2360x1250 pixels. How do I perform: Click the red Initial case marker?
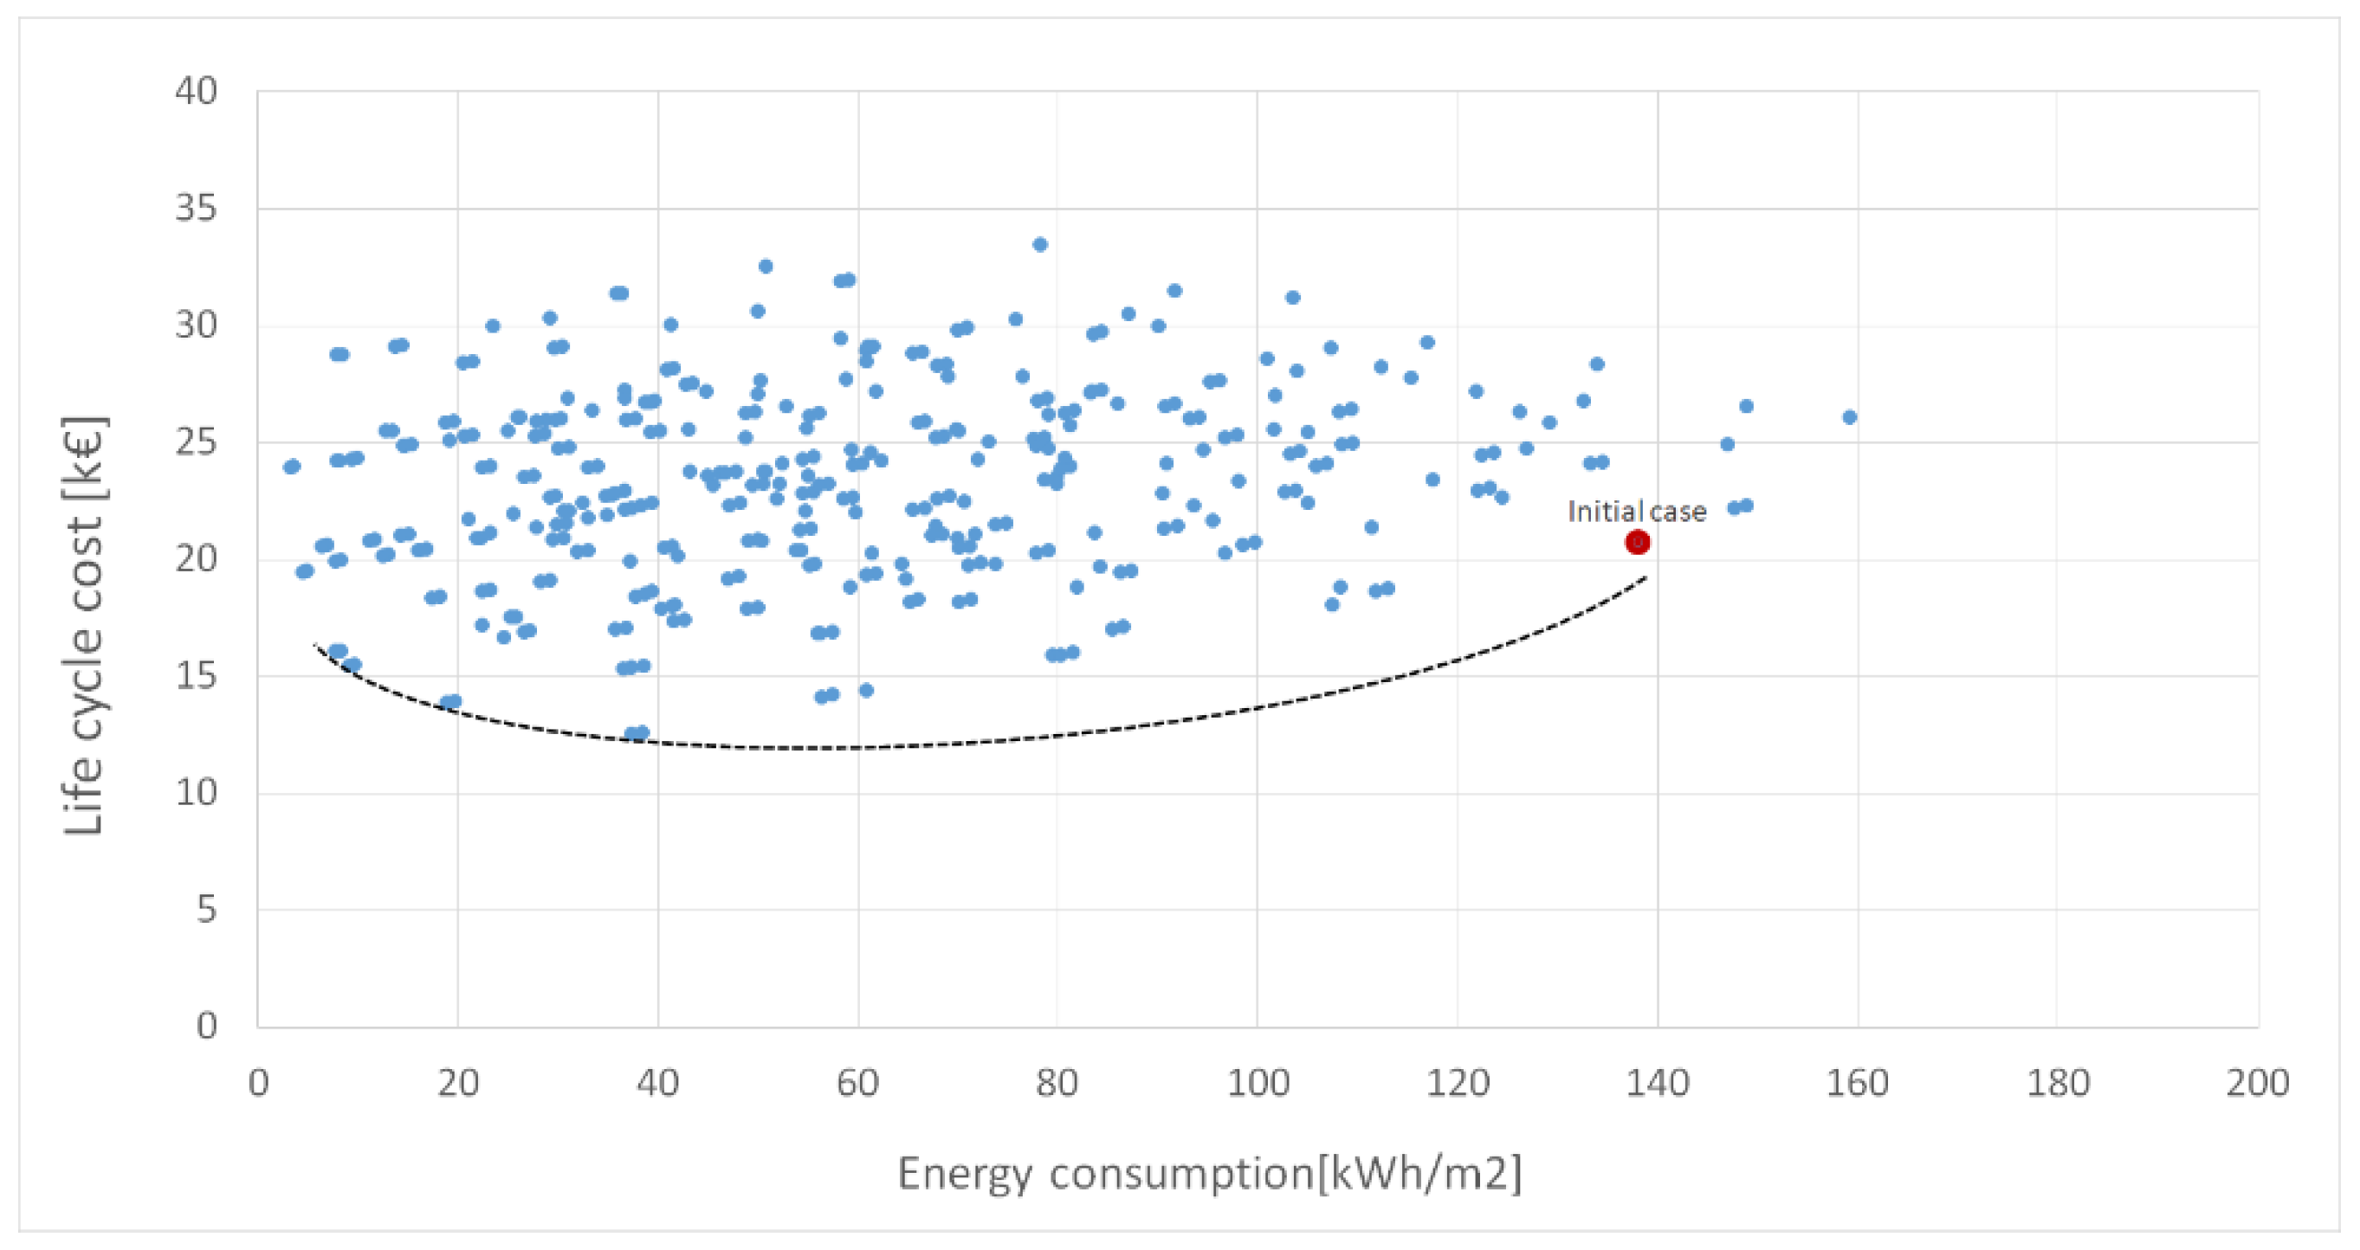pos(1636,542)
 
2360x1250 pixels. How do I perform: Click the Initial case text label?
pos(1636,511)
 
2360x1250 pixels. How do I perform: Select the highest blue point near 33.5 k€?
pos(1040,244)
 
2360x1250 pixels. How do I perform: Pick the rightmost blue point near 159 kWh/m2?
pos(1849,416)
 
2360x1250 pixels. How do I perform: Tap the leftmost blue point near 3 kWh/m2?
pos(291,467)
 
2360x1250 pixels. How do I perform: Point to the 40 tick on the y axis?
pos(196,92)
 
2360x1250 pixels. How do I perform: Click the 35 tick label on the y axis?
pos(196,209)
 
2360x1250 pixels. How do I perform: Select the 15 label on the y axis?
pos(196,676)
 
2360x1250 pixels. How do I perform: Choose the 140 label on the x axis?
pos(1657,1083)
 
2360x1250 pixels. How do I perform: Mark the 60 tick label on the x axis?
pos(857,1083)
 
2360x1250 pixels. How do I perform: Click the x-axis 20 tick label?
pos(457,1083)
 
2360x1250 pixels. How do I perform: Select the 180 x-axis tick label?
pos(2057,1083)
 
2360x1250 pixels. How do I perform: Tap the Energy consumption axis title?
pos(1208,1173)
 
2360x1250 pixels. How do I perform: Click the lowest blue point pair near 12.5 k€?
pos(636,733)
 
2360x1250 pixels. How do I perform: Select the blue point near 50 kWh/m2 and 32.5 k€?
pos(766,267)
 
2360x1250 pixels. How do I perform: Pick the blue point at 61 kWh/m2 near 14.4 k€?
pos(866,691)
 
